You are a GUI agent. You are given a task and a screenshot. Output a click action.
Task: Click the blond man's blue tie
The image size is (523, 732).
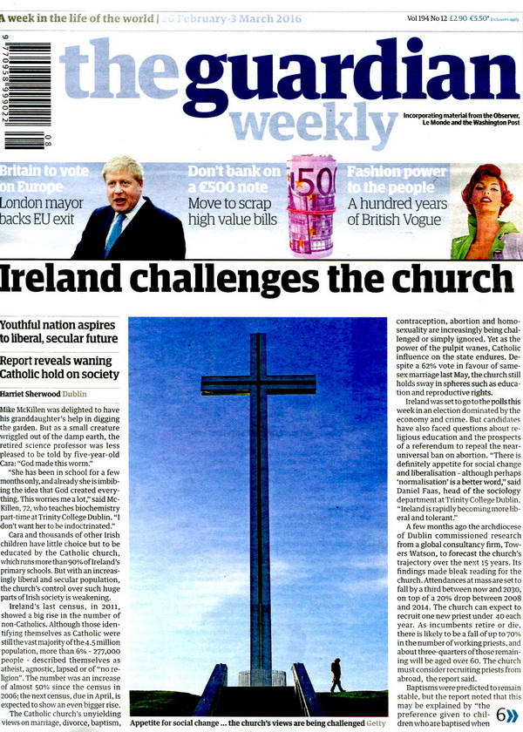(112, 234)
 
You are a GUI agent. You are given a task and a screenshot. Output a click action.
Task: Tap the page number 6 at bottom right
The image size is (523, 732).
(501, 714)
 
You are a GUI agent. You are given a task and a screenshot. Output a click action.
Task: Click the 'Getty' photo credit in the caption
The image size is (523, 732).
(373, 722)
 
